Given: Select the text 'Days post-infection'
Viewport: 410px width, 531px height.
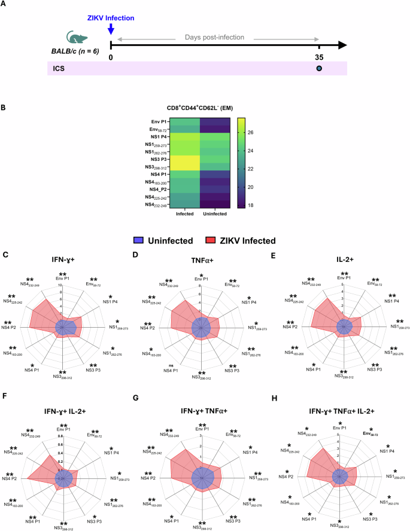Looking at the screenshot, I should (215, 37).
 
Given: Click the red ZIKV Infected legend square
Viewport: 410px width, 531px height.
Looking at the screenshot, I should (211, 240).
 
